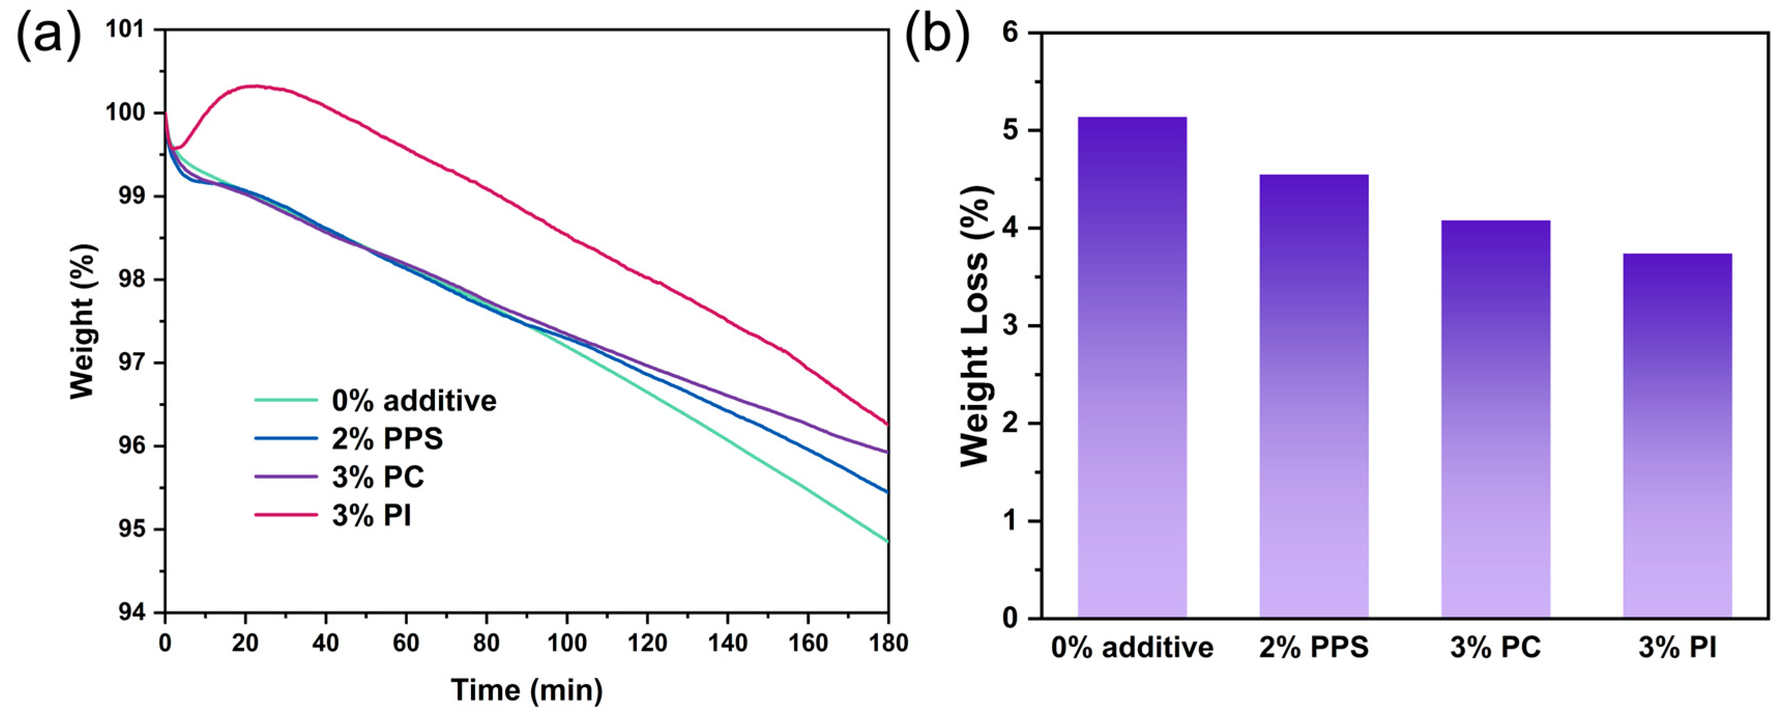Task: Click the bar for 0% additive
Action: point(1132,367)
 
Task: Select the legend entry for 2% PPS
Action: point(387,439)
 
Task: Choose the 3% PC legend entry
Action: point(378,477)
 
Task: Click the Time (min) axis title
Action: point(526,690)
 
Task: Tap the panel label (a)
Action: point(48,35)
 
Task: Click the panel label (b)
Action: point(937,35)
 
